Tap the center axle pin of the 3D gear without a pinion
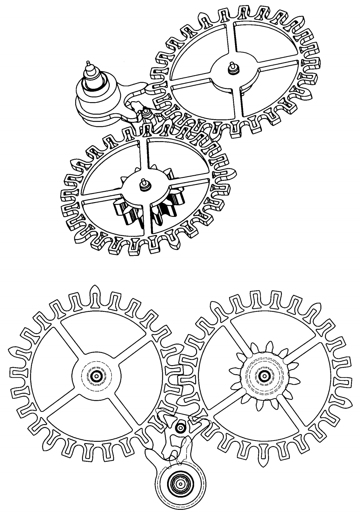231,65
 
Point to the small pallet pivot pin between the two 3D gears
146,111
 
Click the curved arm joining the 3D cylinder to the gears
131,93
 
